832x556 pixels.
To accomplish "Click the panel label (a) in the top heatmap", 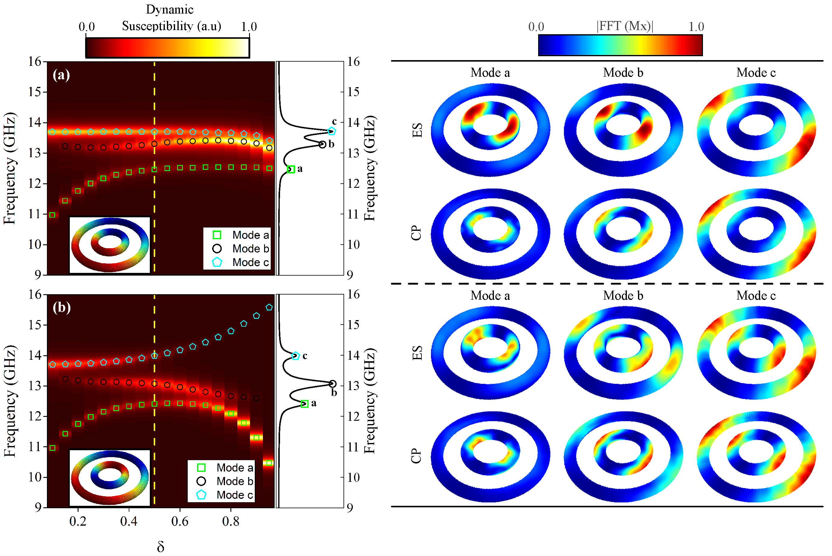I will coord(61,75).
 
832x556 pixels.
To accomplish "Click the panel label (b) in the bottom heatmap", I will coord(61,307).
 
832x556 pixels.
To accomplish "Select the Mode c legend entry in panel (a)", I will coord(241,262).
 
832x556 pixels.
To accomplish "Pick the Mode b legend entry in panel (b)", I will coord(226,481).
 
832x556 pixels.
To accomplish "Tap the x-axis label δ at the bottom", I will coord(160,546).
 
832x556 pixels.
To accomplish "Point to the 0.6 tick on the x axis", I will coord(180,521).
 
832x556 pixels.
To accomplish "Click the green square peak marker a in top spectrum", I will coord(291,169).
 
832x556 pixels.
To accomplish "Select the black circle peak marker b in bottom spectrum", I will coord(332,384).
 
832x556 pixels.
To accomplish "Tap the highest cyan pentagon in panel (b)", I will coord(269,307).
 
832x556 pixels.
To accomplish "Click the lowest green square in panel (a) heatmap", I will coord(52,215).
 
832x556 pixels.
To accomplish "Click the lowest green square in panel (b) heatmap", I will coord(269,463).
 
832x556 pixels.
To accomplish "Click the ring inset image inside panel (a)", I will coord(109,245).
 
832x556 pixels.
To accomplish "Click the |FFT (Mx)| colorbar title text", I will coord(624,26).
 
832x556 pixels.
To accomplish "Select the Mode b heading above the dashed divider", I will coord(623,73).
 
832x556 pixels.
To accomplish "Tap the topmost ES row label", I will coord(417,130).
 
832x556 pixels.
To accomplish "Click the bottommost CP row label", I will coord(416,456).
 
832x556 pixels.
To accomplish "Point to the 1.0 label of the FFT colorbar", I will coord(696,26).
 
